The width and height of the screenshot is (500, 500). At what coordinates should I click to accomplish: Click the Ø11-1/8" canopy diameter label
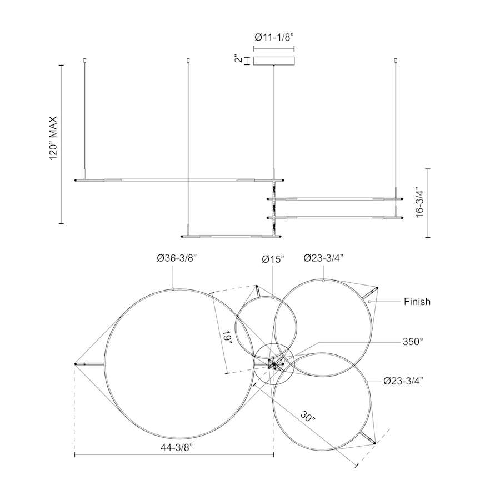[x=274, y=38]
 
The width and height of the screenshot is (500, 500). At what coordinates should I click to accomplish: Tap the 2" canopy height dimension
[x=238, y=60]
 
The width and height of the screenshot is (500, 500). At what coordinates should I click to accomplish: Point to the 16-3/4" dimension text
[x=419, y=203]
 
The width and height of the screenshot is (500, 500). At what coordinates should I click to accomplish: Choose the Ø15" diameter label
[x=273, y=259]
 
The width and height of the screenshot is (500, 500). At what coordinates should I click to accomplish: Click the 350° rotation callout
[x=413, y=342]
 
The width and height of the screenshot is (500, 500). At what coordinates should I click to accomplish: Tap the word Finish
[x=417, y=301]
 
